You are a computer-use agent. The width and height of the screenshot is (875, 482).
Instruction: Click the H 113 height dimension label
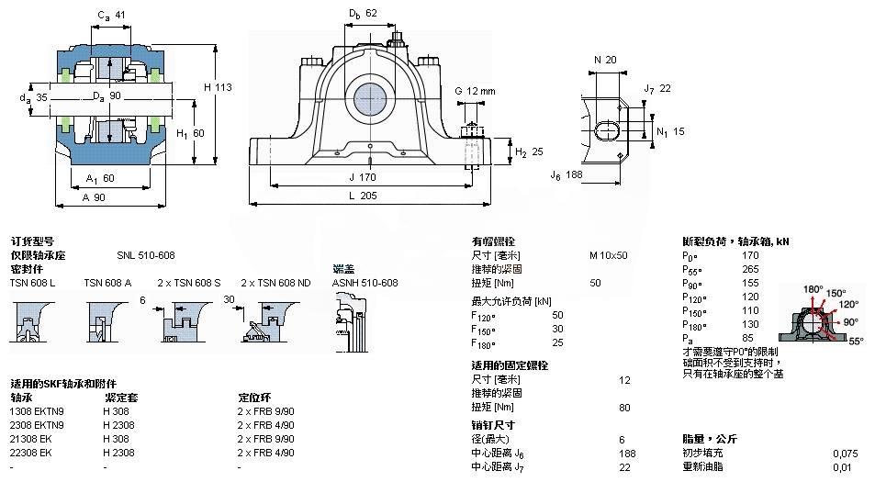click(x=217, y=87)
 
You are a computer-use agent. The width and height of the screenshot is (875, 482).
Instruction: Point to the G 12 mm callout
click(x=475, y=91)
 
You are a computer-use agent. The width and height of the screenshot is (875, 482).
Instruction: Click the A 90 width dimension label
click(x=93, y=197)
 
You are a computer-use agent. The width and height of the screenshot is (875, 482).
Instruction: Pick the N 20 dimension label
click(x=605, y=60)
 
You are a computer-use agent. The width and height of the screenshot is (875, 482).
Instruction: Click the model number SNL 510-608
click(x=145, y=254)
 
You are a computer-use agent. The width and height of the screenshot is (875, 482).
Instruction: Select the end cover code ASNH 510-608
click(x=365, y=283)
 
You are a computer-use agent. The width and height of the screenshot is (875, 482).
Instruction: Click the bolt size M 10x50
click(x=608, y=254)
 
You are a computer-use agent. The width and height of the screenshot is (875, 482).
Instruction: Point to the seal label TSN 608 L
click(x=32, y=283)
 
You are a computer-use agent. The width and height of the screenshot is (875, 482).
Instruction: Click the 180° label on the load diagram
click(x=813, y=289)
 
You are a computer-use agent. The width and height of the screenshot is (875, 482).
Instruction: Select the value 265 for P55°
click(x=750, y=269)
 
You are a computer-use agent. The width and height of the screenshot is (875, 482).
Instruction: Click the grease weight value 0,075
click(x=845, y=453)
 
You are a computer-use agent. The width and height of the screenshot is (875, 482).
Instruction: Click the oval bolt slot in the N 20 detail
click(x=606, y=129)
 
